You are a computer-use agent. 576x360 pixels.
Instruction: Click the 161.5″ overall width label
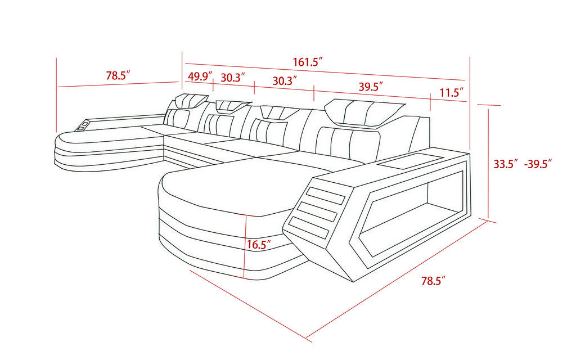click(308, 62)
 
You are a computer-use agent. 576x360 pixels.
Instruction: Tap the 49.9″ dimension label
click(200, 76)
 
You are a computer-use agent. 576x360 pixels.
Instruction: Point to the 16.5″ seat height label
click(259, 245)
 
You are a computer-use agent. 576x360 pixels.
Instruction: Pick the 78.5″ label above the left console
click(118, 75)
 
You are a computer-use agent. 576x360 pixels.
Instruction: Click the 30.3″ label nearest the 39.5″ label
click(285, 81)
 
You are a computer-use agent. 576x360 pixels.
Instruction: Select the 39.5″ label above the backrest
click(371, 87)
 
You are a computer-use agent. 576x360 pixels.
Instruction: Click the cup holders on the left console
click(83, 125)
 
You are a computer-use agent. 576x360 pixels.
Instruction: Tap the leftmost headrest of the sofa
click(191, 100)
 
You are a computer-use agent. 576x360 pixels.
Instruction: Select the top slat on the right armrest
click(326, 195)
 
